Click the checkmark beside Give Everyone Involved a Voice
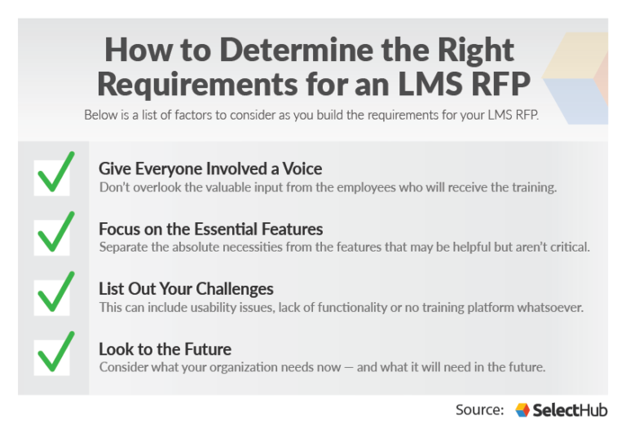[55, 173]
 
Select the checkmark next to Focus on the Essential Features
[55, 234]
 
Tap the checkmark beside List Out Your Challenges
[55, 293]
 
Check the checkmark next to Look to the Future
[55, 353]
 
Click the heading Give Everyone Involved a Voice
[210, 169]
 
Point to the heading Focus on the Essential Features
[210, 229]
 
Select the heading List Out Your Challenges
[186, 289]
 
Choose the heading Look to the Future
[165, 349]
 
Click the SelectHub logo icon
[522, 409]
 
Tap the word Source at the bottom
[479, 409]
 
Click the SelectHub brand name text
[571, 409]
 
